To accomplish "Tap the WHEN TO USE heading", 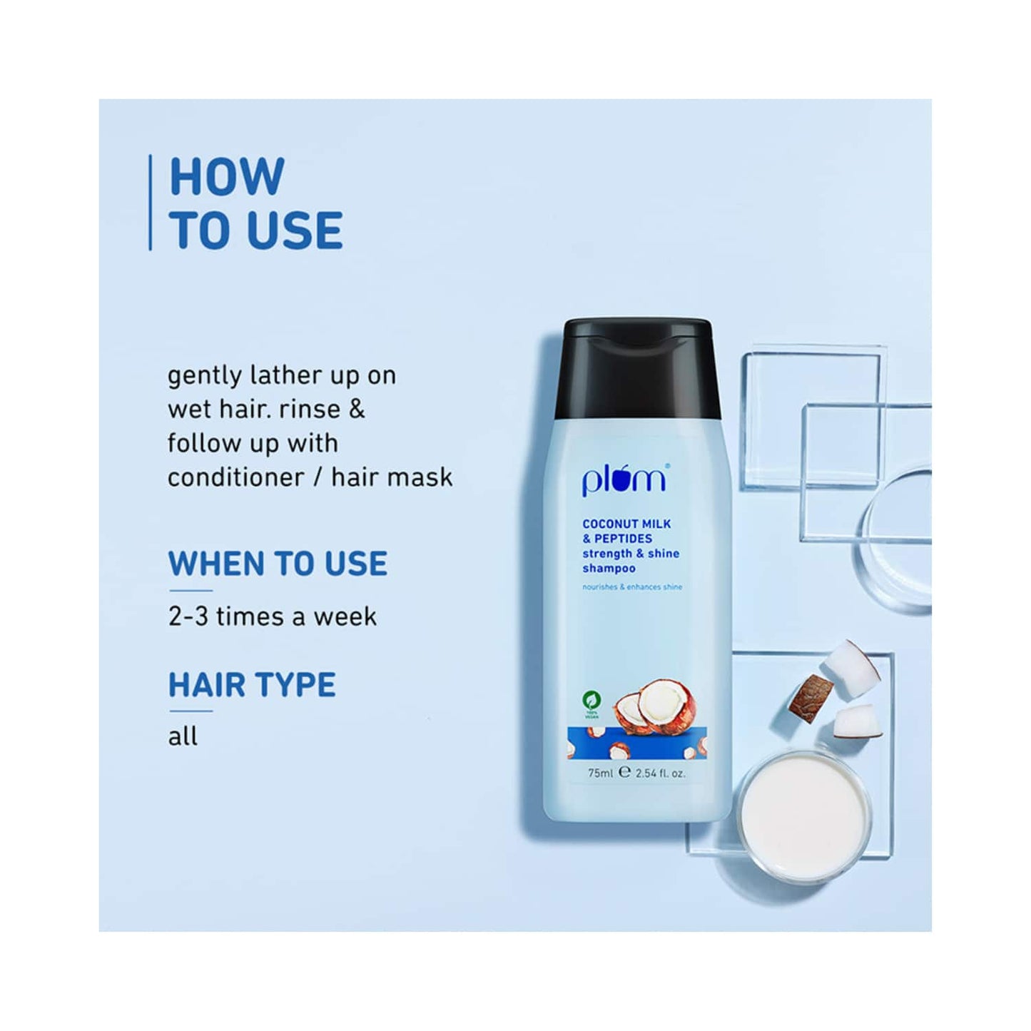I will [x=278, y=564].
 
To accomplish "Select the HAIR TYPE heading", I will [x=252, y=685].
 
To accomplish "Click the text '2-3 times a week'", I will [x=272, y=616].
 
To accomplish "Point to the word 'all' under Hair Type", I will [x=183, y=736].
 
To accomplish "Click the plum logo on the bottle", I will [x=624, y=479].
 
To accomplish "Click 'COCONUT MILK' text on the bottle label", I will [x=626, y=524].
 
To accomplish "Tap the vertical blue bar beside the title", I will [x=150, y=203].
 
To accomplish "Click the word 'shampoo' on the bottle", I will [x=609, y=569].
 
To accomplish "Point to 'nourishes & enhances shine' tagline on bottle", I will [x=632, y=587].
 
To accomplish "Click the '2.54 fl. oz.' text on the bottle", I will [x=659, y=773].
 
